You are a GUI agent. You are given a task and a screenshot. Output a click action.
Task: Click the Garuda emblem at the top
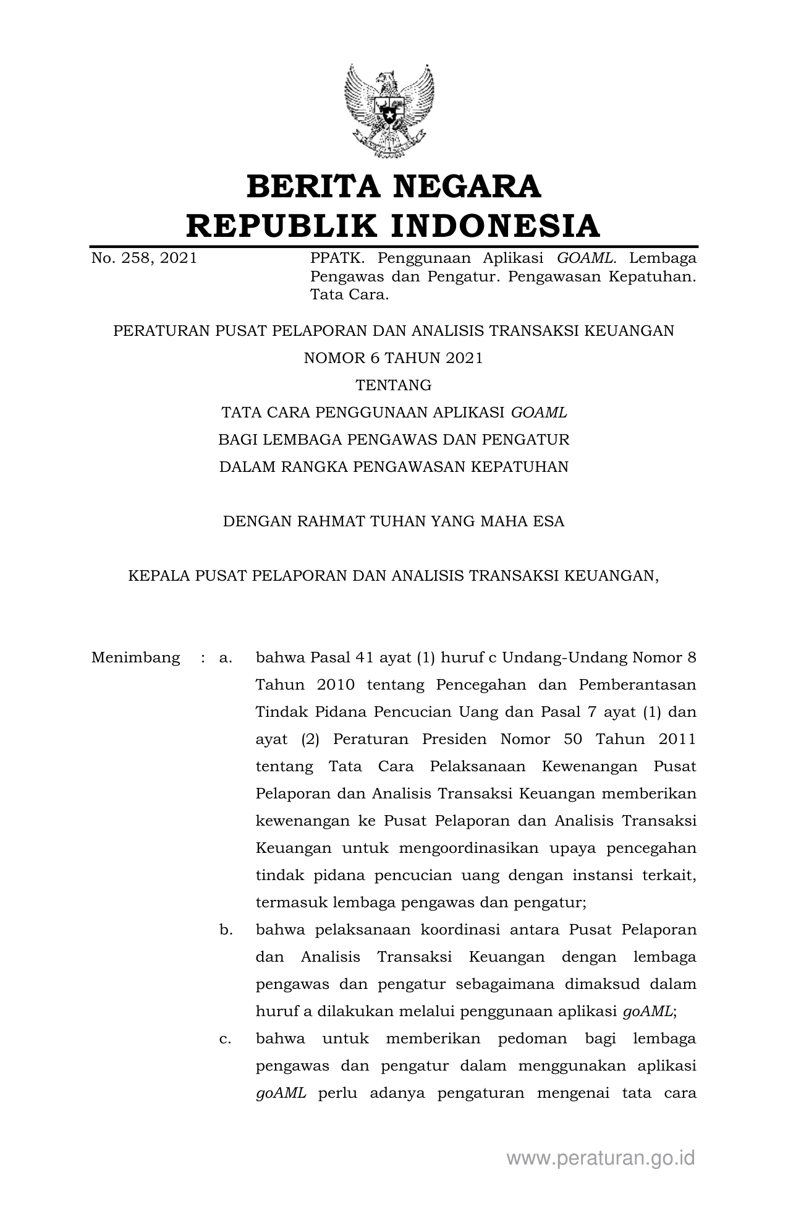pos(389,110)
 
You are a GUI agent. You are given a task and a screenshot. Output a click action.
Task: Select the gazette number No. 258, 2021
pos(144,259)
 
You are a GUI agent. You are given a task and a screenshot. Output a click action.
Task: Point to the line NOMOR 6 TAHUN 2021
pos(393,358)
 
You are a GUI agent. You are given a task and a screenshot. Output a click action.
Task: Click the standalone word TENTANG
pos(393,385)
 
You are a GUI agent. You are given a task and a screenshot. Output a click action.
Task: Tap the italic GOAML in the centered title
pos(539,413)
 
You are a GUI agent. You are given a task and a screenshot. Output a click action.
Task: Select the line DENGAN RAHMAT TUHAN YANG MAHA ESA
pos(393,521)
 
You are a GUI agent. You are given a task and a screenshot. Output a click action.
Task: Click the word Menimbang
pos(135,657)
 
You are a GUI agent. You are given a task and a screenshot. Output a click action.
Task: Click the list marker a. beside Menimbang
pos(226,657)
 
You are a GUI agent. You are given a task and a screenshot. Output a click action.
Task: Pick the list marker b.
pos(226,930)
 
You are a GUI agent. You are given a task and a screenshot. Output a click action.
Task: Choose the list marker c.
pos(226,1038)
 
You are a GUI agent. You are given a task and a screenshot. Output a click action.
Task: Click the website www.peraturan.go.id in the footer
pos(601,1158)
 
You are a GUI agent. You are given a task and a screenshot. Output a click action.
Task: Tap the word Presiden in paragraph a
pos(454,739)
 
